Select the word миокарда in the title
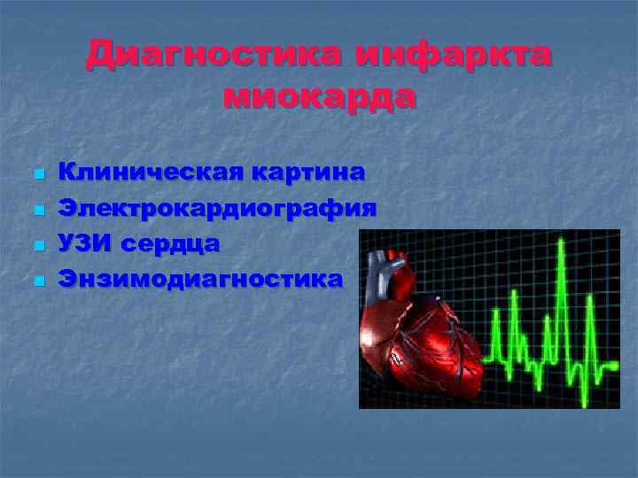point(319,95)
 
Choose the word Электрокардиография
point(218,208)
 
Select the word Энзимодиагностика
point(200,280)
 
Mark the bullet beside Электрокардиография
point(37,209)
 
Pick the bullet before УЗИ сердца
point(37,245)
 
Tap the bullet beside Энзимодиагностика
point(37,281)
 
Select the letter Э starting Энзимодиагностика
point(67,280)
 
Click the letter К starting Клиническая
point(67,172)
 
